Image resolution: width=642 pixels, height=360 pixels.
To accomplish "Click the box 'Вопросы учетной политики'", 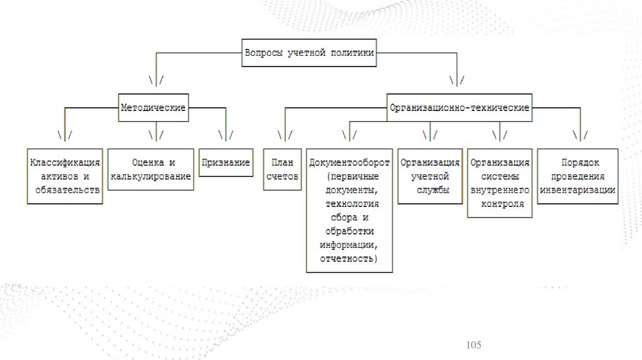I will (309, 53).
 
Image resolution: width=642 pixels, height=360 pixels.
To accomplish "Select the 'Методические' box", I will (153, 108).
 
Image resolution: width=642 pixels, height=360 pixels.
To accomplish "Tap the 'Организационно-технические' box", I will (460, 108).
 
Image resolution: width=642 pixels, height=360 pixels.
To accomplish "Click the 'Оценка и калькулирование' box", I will (150, 169).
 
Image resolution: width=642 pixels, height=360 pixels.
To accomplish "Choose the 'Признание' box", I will (226, 162).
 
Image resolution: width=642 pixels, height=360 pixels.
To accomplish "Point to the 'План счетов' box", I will (282, 169).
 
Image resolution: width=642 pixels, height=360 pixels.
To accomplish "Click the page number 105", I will (473, 345).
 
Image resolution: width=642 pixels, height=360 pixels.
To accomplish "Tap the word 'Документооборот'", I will (349, 162).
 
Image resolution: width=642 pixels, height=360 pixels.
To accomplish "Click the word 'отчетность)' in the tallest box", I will (349, 258).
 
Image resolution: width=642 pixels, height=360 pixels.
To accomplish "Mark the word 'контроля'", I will (500, 204).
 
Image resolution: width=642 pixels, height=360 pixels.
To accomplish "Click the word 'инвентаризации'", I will (581, 190).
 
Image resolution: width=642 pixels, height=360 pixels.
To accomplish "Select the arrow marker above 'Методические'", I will (156, 80).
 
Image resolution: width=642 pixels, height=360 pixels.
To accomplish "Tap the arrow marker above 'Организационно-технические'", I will (456, 80).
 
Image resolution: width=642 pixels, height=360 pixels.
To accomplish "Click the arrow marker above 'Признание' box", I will (226, 135).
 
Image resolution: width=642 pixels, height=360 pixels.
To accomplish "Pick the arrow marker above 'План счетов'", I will (284, 135).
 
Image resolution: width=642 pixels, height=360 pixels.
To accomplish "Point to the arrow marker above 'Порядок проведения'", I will (580, 135).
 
